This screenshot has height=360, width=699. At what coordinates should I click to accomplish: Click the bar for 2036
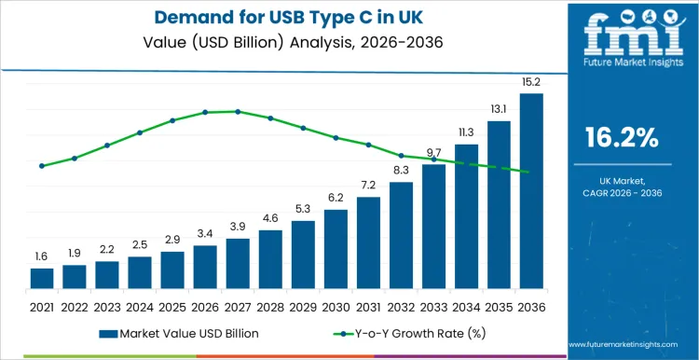point(531,191)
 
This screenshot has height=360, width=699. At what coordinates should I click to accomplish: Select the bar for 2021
point(42,278)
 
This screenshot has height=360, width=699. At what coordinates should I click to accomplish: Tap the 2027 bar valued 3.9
point(238,263)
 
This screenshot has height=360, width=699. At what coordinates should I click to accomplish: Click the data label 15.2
point(531,82)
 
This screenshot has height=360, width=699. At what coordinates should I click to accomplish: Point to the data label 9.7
point(433,153)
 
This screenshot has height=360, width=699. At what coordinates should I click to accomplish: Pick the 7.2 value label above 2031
point(368,186)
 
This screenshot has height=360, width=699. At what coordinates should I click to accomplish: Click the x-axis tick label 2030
point(336,306)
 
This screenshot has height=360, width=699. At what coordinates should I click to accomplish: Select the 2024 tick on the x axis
point(140,306)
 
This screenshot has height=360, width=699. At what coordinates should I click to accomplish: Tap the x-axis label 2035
point(499,306)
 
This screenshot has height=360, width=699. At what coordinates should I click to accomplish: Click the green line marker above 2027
point(238,111)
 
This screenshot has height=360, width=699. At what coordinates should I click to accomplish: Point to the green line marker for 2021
point(42,166)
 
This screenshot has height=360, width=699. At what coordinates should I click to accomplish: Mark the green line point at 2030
point(336,138)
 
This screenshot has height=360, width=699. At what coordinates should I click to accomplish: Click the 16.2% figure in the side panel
point(622,139)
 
